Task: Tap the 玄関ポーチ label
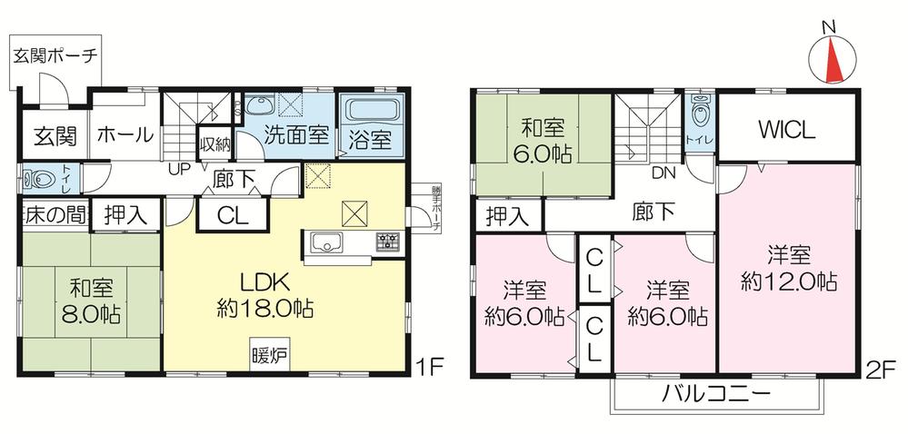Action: point(54,54)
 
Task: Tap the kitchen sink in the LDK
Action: point(325,242)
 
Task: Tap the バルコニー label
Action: point(716,394)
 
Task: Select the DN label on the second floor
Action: point(663,172)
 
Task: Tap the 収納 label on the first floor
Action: point(215,143)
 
